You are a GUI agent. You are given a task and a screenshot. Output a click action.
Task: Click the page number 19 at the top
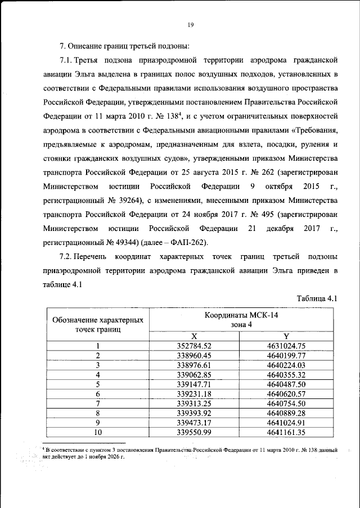coord(191,24)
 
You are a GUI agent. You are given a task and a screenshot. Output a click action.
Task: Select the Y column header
coord(286,336)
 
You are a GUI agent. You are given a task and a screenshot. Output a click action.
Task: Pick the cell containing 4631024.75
coord(286,346)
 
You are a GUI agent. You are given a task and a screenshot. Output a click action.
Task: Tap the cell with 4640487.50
coord(286,384)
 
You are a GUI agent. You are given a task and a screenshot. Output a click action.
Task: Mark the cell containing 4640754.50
coord(286,403)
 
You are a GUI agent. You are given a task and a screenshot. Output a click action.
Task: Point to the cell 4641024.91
coord(286,422)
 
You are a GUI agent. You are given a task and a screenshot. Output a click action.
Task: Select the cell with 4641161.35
coord(286,432)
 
